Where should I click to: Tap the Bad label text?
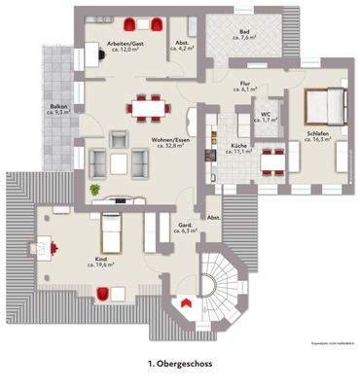tap(244, 31)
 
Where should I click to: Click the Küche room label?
tap(237, 144)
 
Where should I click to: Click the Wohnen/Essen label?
tap(170, 139)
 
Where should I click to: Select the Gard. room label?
tap(181, 226)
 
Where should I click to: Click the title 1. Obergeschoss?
tap(179, 362)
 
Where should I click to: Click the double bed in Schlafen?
tap(323, 102)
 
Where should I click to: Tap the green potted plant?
tap(95, 190)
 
